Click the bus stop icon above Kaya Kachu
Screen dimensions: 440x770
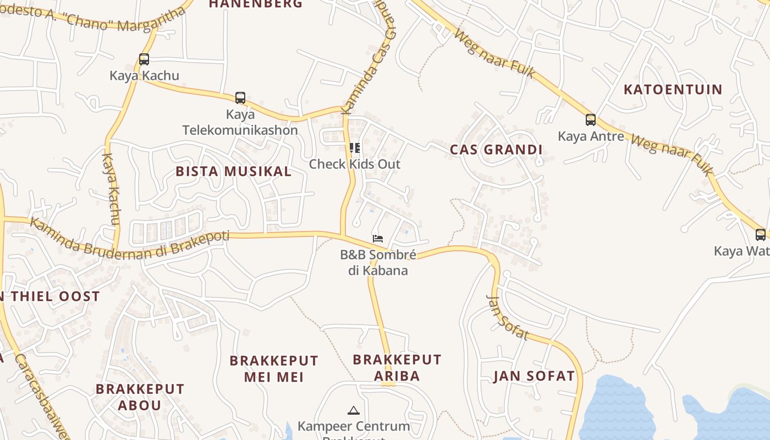tap(144, 59)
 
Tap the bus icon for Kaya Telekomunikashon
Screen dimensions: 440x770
tap(240, 98)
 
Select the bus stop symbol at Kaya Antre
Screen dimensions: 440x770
tap(591, 119)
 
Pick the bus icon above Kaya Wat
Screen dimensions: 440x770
tap(761, 235)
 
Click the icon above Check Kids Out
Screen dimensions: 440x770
tap(355, 147)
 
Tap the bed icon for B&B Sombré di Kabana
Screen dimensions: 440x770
tap(377, 239)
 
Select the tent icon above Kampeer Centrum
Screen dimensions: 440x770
tap(354, 410)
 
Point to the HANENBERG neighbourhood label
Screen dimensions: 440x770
tap(256, 4)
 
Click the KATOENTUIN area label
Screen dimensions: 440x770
tap(673, 89)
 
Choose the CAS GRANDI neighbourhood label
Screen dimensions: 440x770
tap(496, 150)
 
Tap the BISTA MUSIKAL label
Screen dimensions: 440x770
tap(234, 171)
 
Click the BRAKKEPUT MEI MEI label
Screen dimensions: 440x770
tap(274, 369)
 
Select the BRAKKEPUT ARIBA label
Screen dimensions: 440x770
tap(397, 367)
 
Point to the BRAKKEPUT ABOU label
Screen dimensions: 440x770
tap(140, 397)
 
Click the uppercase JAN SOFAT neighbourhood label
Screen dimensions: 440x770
tap(534, 376)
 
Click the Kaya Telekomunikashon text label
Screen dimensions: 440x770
tap(240, 122)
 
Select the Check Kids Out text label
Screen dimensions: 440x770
tap(355, 164)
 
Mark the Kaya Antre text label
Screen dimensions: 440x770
tap(591, 136)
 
